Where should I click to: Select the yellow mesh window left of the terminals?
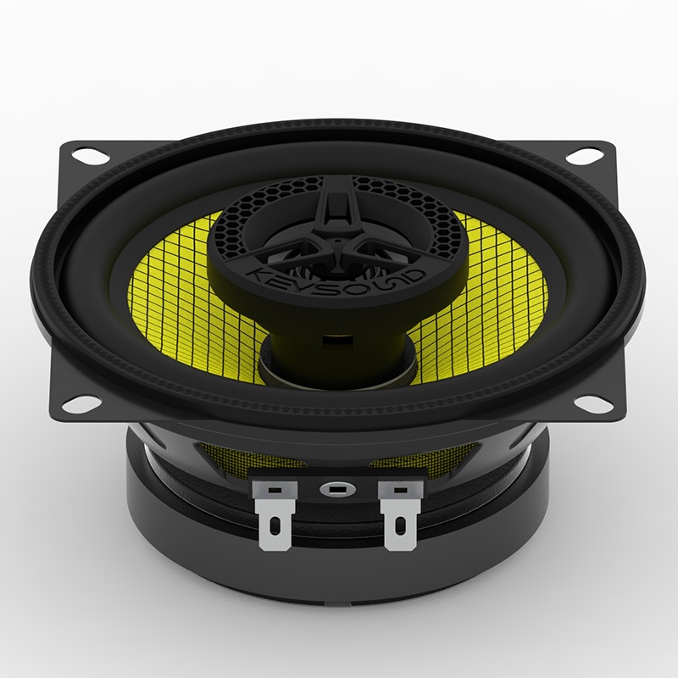[254, 462]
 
